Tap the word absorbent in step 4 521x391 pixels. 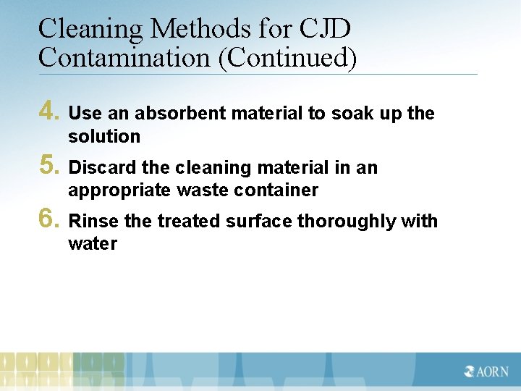point(181,114)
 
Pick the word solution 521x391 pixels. point(104,136)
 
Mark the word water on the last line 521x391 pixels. point(93,243)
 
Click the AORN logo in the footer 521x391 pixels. point(487,372)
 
